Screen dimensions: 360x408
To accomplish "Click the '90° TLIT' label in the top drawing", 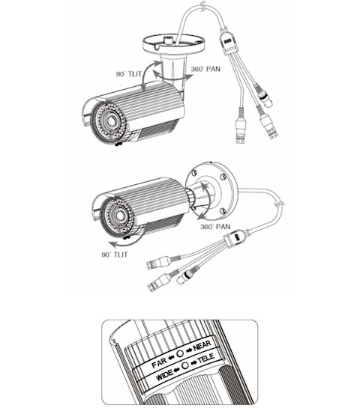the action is click(129, 73).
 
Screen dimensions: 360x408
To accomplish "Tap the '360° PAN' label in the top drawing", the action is click(205, 69).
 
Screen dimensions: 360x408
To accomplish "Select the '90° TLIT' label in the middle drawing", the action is click(115, 255).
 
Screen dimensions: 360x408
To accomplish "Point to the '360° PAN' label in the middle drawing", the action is click(215, 226).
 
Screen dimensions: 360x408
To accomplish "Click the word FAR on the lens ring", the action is click(159, 362).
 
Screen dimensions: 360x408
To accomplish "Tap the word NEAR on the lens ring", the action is click(202, 346).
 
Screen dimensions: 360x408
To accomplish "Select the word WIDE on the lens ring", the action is click(164, 375).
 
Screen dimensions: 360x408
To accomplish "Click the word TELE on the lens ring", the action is click(206, 359).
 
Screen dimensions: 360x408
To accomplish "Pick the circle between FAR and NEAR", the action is click(180, 353).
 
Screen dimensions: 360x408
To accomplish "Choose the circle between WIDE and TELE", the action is click(185, 365).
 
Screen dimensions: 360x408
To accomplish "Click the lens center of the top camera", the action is click(110, 121).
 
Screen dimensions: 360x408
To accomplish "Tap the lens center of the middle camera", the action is click(119, 215).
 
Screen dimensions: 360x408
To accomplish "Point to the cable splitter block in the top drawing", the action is click(227, 43).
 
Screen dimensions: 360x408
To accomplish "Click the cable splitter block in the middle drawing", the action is click(235, 237).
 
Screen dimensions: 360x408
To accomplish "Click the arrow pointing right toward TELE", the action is click(194, 362).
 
